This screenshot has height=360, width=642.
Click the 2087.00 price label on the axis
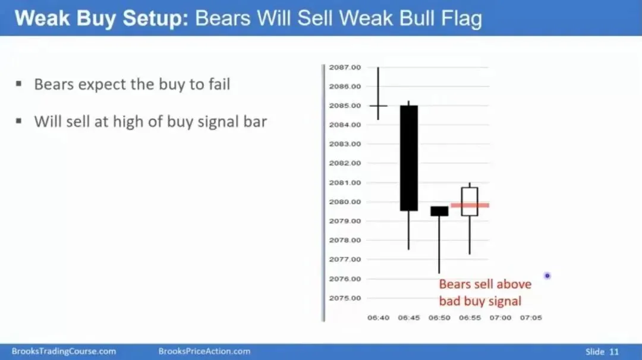click(x=345, y=68)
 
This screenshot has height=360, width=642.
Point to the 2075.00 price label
click(x=345, y=298)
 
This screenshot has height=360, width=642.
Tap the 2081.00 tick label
click(x=345, y=183)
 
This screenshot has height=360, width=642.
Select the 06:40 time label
click(x=378, y=317)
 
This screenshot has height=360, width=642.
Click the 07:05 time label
click(x=531, y=317)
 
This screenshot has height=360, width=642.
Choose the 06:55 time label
click(x=470, y=317)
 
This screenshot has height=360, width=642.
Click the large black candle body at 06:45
click(x=408, y=158)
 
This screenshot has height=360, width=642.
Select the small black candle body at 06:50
click(x=439, y=211)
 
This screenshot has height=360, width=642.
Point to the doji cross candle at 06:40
click(x=378, y=106)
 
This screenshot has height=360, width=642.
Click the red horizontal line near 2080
click(x=470, y=205)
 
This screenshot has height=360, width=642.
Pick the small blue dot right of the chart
click(x=547, y=276)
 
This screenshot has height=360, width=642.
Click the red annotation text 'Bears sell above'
click(x=485, y=284)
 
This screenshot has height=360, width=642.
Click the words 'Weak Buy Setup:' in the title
click(x=102, y=18)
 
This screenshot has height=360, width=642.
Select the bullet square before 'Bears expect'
click(x=19, y=84)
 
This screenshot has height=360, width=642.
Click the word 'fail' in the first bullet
click(x=219, y=84)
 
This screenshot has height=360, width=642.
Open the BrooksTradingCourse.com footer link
click(x=64, y=352)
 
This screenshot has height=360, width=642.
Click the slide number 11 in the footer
click(x=613, y=352)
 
